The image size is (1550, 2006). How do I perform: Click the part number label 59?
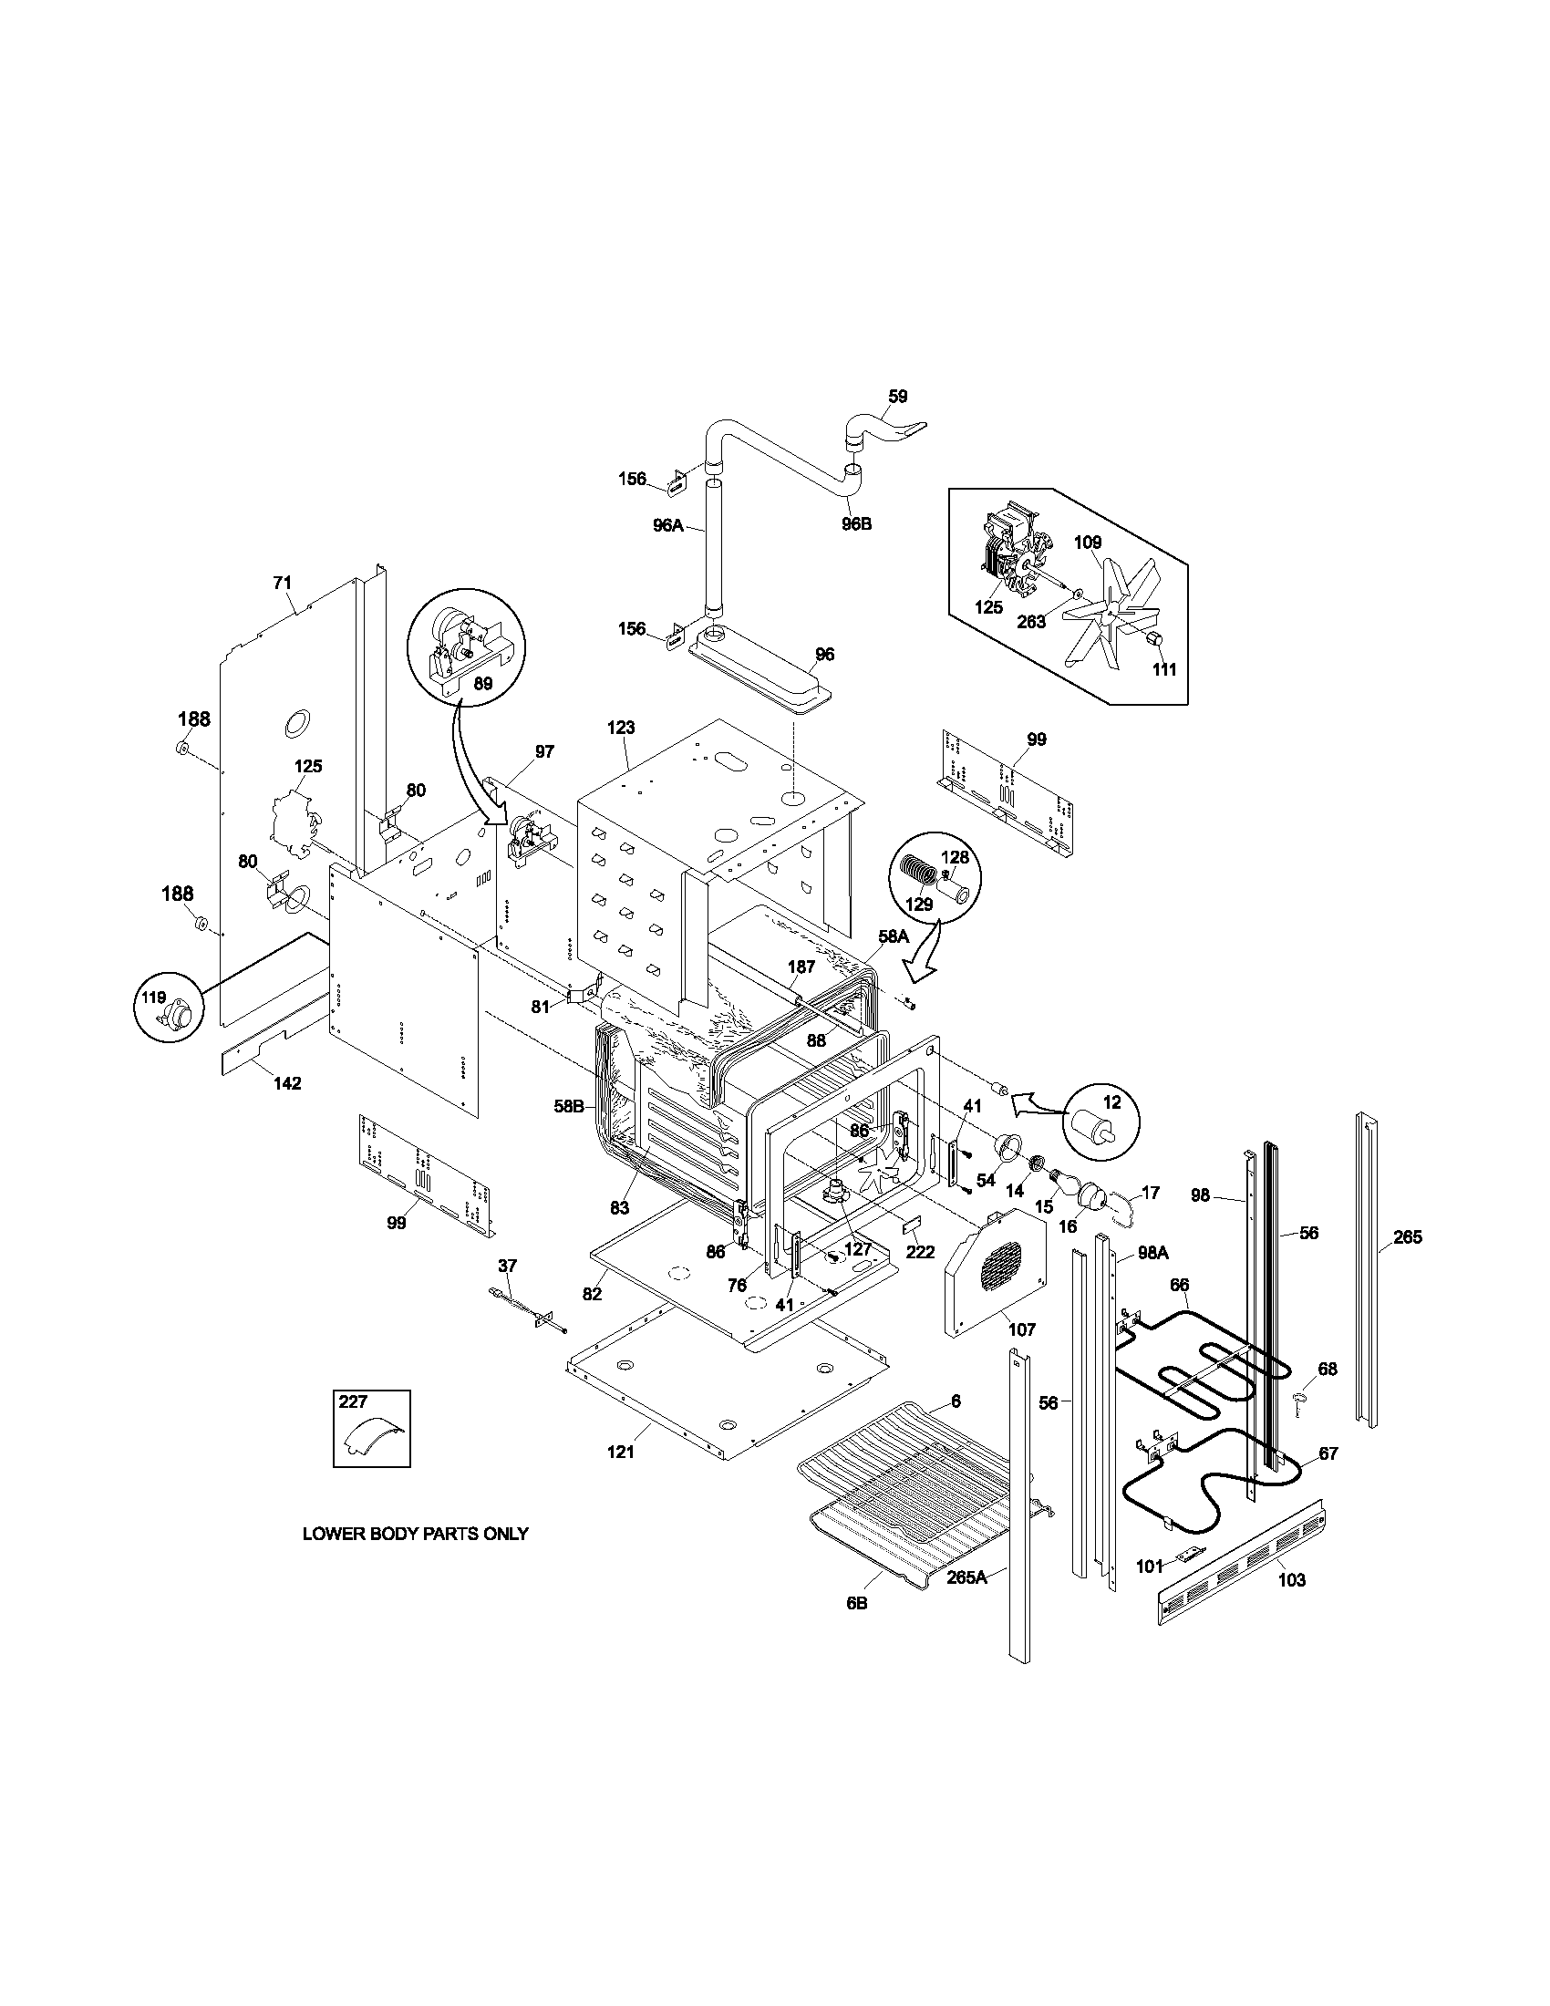tap(897, 397)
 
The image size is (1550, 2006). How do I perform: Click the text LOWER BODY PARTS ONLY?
tap(415, 1534)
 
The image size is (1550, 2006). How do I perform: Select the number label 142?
tap(286, 1084)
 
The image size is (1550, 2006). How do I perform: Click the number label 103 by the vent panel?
tap(1291, 1580)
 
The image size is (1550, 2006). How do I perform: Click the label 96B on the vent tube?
tap(856, 524)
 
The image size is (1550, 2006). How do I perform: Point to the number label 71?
tap(282, 583)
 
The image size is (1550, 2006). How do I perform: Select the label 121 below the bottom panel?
tap(621, 1453)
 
